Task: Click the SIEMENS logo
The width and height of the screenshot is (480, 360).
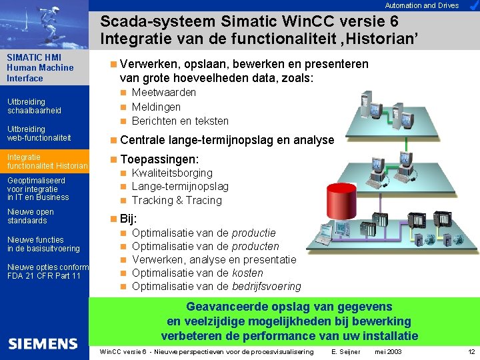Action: [43, 343]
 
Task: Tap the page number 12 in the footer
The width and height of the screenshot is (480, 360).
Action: [471, 351]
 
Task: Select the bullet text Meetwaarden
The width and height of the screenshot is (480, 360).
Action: [163, 92]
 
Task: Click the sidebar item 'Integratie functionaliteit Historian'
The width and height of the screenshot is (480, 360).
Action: [47, 161]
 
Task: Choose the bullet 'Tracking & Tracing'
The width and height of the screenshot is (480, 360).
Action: [177, 200]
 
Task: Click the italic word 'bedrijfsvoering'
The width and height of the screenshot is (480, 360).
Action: [266, 286]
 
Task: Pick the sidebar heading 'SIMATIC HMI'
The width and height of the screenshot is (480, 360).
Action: [33, 57]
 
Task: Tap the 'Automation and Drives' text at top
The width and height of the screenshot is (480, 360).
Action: [422, 5]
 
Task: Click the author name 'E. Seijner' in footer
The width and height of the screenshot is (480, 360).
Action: [345, 351]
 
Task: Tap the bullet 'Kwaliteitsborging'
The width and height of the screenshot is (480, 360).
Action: [172, 173]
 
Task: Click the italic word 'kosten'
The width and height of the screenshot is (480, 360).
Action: [247, 273]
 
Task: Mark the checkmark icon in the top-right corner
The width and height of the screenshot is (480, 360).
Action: [471, 5]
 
